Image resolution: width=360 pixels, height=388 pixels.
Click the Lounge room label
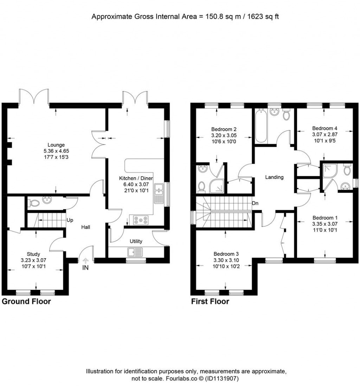pos(56,144)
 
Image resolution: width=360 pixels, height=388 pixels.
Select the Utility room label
pos(136,241)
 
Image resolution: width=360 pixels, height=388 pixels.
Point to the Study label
pos(34,254)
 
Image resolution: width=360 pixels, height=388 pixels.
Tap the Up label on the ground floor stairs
pos(70,220)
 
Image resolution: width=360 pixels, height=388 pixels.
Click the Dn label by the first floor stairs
pos(255,203)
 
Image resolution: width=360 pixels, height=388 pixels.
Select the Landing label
pos(274,177)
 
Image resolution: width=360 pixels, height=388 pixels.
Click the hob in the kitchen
pos(141,220)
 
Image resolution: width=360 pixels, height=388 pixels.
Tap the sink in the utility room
pos(135,252)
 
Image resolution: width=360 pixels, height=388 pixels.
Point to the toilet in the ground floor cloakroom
pos(34,203)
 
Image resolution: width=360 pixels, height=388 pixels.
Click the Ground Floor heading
pos(26,302)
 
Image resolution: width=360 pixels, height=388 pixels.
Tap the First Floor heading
pos(210,302)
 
